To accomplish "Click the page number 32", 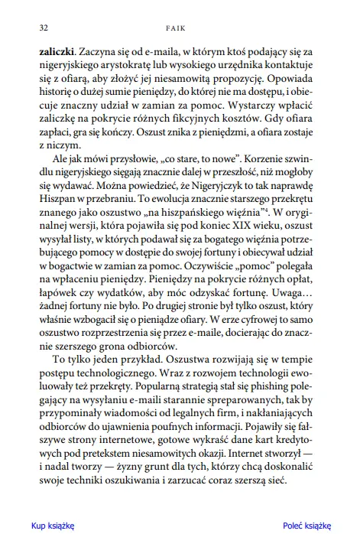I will [33, 28].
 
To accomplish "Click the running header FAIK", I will [180, 28].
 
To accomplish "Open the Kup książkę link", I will [53, 526].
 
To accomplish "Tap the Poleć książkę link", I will [306, 526].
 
